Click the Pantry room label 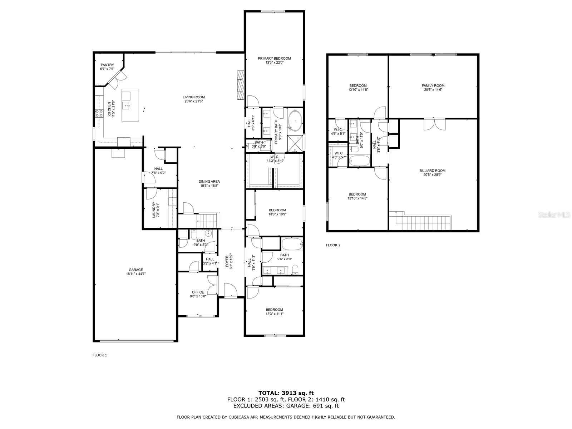(x=107, y=65)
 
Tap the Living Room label (x=194, y=97)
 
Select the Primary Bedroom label (x=274, y=58)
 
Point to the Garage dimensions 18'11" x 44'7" (x=136, y=274)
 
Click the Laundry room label (x=154, y=210)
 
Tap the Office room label (x=198, y=292)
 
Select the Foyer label (x=227, y=261)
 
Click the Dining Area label (x=209, y=182)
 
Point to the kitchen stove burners (x=99, y=113)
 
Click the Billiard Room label (x=432, y=171)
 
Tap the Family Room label (x=433, y=85)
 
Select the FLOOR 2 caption (x=333, y=245)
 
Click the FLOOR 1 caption (x=100, y=355)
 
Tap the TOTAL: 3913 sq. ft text (x=286, y=393)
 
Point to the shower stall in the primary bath (x=295, y=143)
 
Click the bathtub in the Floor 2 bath (x=359, y=161)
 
